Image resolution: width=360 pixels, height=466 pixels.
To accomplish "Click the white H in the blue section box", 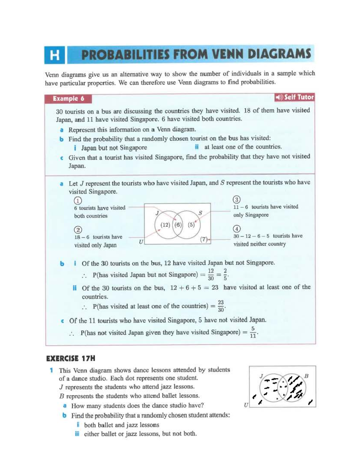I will (54, 55).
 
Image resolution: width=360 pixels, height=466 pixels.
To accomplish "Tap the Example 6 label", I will (68, 99).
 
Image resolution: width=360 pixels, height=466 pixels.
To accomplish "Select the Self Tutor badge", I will (294, 97).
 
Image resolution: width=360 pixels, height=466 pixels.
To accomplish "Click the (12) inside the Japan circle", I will (165, 225).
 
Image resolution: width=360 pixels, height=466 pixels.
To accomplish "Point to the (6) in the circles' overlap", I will (178, 225).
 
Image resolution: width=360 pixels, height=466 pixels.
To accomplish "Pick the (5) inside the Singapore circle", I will (191, 225).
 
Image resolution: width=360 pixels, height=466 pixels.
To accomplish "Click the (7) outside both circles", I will (204, 239).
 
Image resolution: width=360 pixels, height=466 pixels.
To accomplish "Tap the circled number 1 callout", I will (78, 200).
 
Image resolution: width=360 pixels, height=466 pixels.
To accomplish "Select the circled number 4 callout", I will (237, 229).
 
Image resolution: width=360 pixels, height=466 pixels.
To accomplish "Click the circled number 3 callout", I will (237, 200).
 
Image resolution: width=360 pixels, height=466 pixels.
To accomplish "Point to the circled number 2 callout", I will (78, 230).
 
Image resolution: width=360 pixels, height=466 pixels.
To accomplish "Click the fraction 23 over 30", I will (221, 306).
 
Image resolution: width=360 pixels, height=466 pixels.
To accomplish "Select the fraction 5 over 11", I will (253, 332).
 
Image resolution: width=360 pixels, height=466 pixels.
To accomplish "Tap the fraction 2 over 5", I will (225, 274).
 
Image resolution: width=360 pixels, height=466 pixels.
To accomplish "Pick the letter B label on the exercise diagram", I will (306, 376).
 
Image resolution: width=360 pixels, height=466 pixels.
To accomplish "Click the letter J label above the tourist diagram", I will (157, 213).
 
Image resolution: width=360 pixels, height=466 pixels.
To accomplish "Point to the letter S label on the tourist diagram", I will (200, 213).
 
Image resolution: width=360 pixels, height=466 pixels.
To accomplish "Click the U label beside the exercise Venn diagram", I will (246, 405).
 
